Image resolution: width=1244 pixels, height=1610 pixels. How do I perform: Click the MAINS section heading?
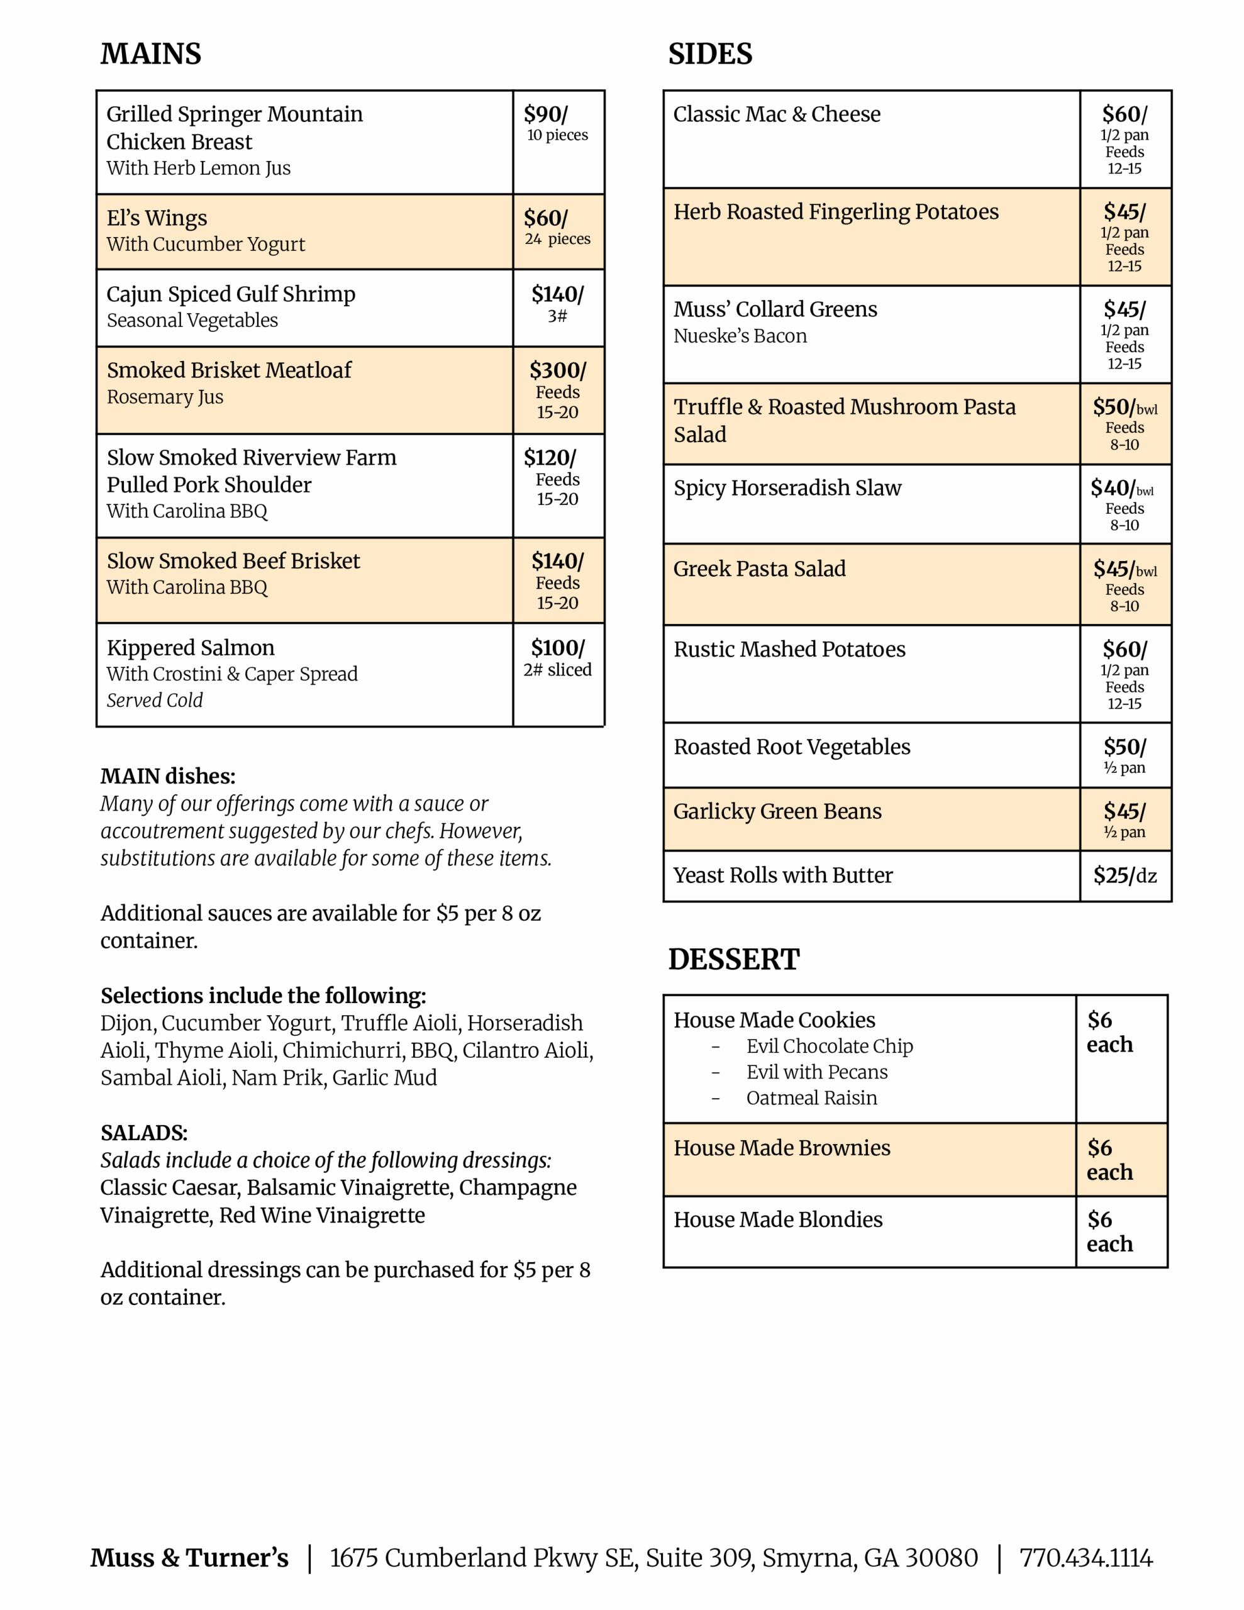[150, 54]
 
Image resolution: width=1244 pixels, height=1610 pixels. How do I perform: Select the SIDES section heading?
[709, 54]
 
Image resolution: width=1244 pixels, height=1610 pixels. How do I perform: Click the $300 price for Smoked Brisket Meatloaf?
[557, 370]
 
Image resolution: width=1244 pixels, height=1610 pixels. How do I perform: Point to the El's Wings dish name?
[157, 218]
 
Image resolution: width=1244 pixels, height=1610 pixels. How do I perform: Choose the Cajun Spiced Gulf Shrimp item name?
[231, 294]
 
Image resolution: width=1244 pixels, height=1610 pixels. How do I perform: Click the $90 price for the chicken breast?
[546, 114]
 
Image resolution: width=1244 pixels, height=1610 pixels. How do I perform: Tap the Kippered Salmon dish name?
[191, 648]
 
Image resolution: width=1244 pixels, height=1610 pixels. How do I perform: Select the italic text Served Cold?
[154, 701]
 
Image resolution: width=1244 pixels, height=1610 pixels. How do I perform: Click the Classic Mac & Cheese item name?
[777, 114]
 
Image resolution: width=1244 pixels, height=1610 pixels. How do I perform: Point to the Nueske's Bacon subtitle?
[740, 336]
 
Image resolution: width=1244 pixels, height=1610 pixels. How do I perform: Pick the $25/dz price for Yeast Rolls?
[1125, 875]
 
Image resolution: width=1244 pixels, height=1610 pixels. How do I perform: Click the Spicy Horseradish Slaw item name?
[787, 488]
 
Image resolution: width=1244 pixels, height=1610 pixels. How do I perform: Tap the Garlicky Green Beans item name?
[777, 812]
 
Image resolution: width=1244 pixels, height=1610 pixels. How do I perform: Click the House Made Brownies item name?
[782, 1148]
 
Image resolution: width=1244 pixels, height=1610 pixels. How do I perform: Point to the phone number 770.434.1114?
[1086, 1558]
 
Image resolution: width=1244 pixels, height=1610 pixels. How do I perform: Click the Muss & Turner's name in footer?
[189, 1558]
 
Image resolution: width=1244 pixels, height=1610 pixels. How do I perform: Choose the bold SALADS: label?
[144, 1133]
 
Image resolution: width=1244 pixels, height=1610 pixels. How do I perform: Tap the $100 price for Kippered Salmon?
[557, 648]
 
